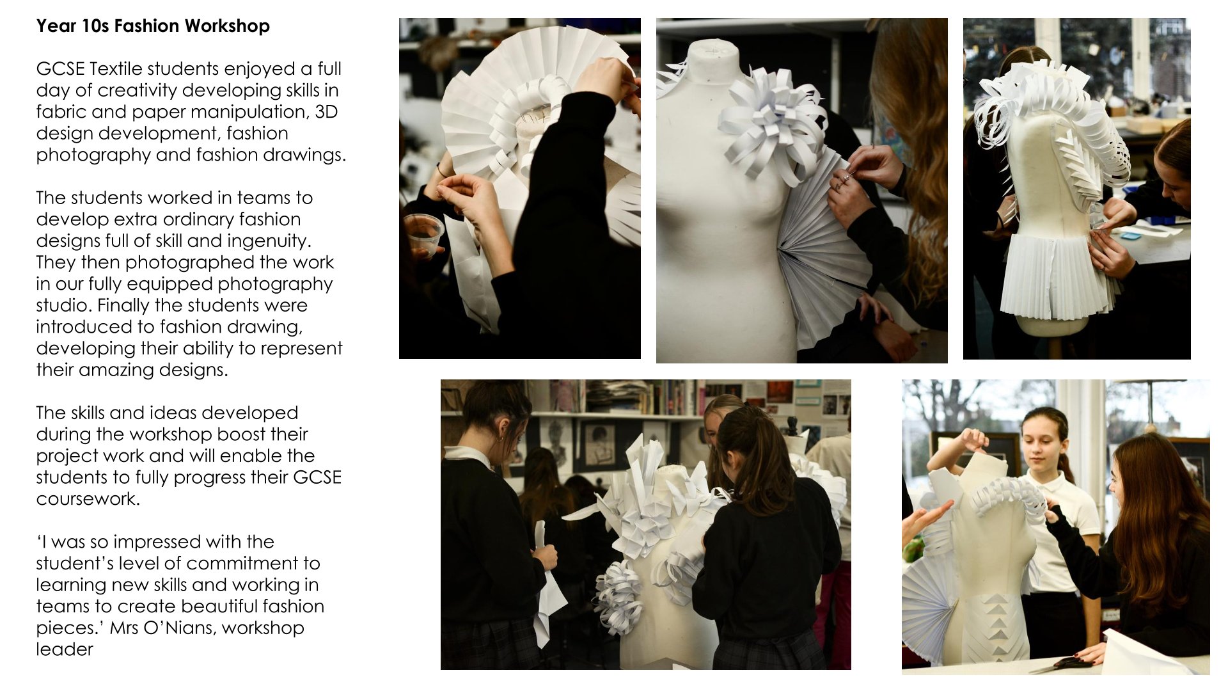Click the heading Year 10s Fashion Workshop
click(x=153, y=26)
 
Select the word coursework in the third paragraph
click(x=88, y=498)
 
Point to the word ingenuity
click(x=273, y=241)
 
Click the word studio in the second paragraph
click(x=63, y=305)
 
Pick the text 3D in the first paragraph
click(x=326, y=112)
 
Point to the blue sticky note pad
click(x=1131, y=235)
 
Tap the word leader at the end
click(x=65, y=649)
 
